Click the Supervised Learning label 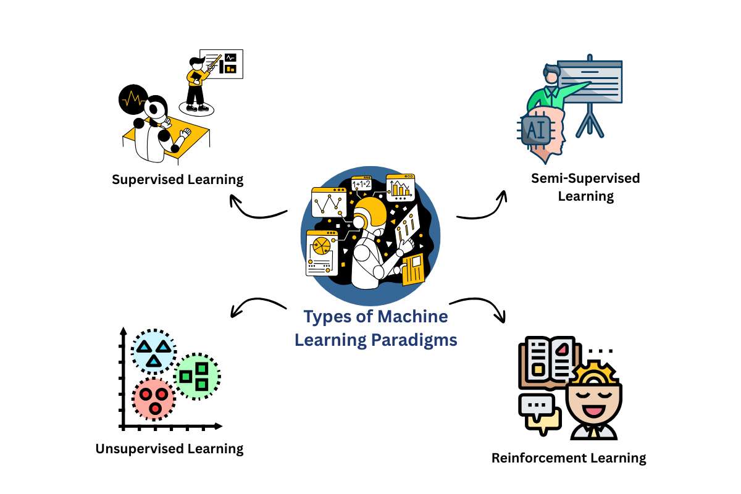[178, 180]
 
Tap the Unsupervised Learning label [169, 448]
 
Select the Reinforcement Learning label [569, 458]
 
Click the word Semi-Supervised [585, 178]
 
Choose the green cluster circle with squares [197, 375]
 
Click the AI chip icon [535, 129]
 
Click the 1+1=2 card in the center [361, 184]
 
